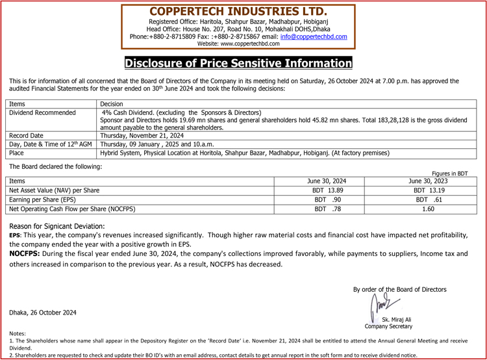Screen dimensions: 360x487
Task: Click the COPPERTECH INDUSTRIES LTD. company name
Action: pos(238,12)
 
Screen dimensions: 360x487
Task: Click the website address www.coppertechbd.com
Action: pos(238,44)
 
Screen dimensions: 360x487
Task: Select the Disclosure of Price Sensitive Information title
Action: pos(238,63)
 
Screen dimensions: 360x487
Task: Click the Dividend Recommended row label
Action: pos(42,112)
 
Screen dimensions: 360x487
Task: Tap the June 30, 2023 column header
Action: pos(428,181)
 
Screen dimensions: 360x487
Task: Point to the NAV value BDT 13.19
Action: pos(428,190)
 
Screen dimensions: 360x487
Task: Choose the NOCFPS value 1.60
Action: pos(428,209)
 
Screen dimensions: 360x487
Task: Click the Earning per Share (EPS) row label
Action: pos(42,199)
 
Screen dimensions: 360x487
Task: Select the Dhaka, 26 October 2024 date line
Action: pos(43,313)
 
